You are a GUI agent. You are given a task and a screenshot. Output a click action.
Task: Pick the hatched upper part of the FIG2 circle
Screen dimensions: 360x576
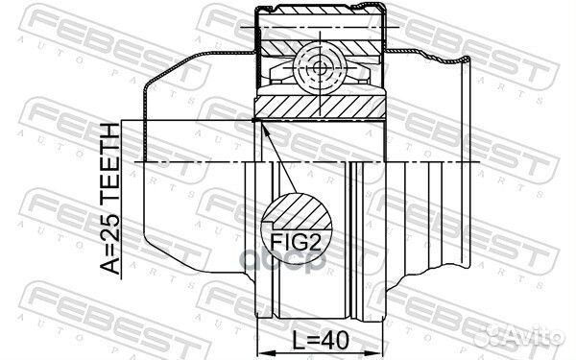[x=299, y=211]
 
